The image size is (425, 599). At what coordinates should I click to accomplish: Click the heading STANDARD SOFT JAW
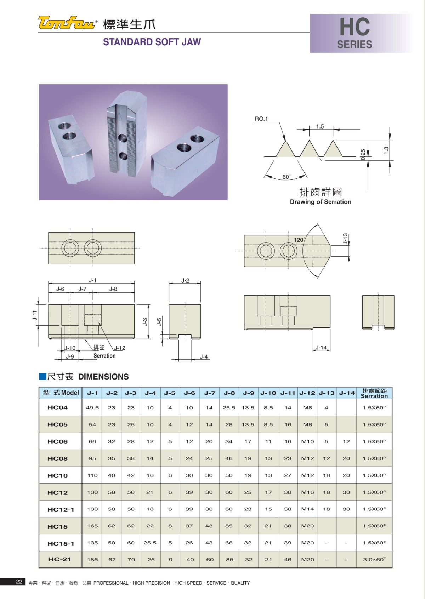(152, 42)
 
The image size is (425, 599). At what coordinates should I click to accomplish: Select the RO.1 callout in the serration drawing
(261, 119)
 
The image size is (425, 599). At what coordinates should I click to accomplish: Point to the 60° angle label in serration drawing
(286, 177)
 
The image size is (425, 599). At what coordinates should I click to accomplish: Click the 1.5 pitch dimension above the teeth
(320, 126)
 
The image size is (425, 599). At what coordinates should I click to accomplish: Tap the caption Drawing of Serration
(321, 202)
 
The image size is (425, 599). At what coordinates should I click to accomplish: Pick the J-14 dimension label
(321, 348)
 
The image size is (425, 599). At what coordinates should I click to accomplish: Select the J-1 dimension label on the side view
(92, 280)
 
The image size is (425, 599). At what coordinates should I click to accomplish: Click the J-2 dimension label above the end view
(185, 280)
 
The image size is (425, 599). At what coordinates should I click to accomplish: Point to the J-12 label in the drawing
(120, 348)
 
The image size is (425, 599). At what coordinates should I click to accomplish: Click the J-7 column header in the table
(210, 393)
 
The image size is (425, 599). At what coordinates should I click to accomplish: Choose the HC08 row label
(57, 458)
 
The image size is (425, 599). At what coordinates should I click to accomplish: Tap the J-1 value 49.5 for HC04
(92, 407)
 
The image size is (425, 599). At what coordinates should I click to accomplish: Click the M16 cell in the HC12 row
(307, 492)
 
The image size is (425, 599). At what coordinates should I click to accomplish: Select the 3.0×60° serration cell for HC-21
(374, 559)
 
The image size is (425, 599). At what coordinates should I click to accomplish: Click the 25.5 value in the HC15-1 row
(150, 543)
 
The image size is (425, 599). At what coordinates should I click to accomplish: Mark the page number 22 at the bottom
(19, 581)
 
